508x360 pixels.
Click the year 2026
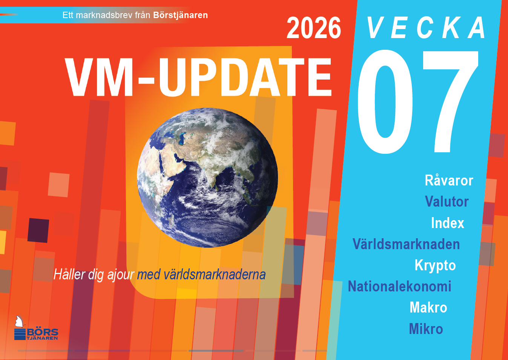314,28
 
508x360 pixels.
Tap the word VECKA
426,28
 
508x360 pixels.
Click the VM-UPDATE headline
198,77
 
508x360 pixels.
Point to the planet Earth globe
207,178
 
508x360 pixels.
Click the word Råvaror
449,181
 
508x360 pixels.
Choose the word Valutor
447,201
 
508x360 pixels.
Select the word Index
447,223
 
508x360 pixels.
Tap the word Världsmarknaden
406,244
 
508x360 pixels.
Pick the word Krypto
435,266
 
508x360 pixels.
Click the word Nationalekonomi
400,286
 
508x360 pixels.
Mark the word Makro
428,307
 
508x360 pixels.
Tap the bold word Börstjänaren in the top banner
181,15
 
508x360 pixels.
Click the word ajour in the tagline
121,274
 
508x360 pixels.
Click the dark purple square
38,230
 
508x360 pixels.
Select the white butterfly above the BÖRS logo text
20,322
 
